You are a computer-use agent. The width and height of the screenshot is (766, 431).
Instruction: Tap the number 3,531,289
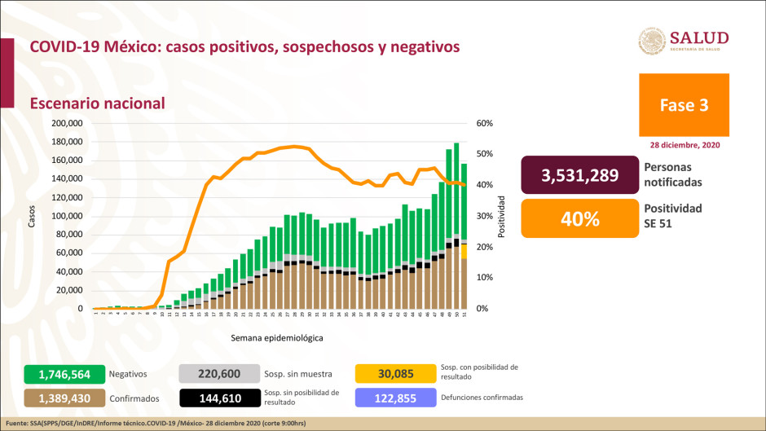[579, 175]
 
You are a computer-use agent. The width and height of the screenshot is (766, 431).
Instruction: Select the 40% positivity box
[579, 218]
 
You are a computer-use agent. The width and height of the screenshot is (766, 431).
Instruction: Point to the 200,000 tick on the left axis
[68, 123]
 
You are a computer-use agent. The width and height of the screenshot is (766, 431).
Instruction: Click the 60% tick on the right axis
[485, 123]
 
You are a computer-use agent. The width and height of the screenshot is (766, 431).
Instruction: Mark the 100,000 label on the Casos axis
[68, 216]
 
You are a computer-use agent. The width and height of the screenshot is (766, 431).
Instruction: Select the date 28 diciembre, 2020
[685, 144]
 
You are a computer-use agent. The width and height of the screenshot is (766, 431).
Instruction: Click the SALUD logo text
[698, 38]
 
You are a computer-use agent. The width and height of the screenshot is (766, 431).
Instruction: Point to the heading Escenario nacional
[97, 103]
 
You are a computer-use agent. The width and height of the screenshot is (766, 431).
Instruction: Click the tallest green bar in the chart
[456, 187]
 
